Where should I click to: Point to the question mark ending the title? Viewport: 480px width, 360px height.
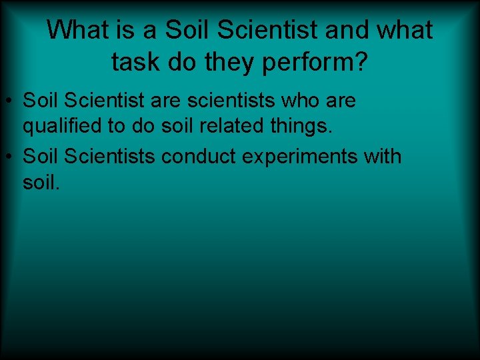(361, 62)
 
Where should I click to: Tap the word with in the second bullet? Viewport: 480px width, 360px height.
(382, 157)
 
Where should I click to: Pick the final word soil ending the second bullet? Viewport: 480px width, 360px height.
(40, 182)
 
